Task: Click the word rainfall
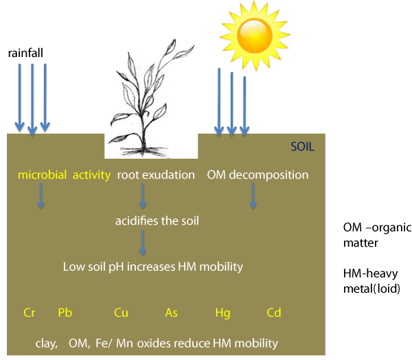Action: point(25,53)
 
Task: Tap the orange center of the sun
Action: point(255,35)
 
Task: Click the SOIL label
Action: point(302,146)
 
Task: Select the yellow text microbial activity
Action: point(64,175)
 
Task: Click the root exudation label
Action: point(156,175)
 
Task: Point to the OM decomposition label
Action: point(257,175)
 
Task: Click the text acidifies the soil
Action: point(157,221)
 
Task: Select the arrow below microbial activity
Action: point(41,196)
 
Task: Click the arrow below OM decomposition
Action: point(253,196)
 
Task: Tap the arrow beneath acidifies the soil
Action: point(143,243)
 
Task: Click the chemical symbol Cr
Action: point(29,313)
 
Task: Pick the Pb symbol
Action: point(65,313)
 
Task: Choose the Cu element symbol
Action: point(121,313)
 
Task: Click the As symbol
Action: point(171,313)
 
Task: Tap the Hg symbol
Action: point(222,313)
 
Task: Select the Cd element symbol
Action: point(274,313)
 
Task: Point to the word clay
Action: point(47,344)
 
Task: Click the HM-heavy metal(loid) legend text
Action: point(371,281)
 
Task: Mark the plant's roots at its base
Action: point(144,151)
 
